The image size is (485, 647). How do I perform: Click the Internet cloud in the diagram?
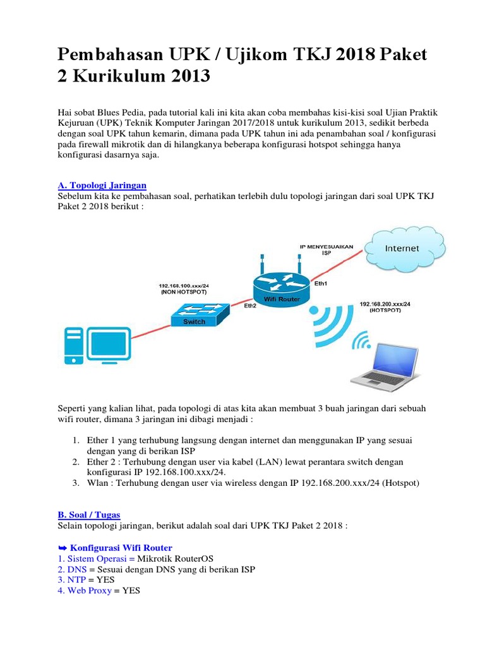click(x=402, y=248)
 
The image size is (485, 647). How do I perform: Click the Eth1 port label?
click(x=321, y=284)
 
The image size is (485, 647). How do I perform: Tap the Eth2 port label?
click(x=251, y=305)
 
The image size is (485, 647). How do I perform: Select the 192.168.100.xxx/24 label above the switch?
click(x=184, y=286)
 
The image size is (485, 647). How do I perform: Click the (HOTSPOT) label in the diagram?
click(x=385, y=311)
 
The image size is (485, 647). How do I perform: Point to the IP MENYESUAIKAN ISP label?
click(x=327, y=249)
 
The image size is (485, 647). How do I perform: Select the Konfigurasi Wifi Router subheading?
click(x=120, y=547)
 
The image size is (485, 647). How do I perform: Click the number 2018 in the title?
click(x=345, y=55)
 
